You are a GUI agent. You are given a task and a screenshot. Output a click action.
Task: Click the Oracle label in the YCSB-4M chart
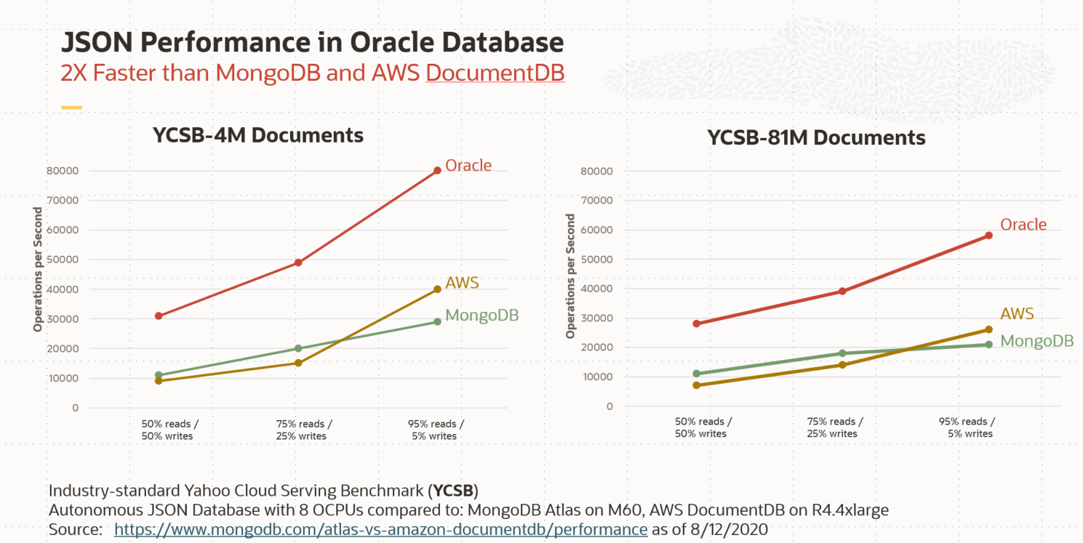click(468, 166)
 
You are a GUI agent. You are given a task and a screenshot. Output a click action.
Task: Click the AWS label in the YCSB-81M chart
click(1017, 314)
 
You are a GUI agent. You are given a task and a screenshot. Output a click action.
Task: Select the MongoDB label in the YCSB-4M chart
click(481, 315)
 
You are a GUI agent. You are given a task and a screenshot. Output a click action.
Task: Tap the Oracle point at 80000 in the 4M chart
click(437, 171)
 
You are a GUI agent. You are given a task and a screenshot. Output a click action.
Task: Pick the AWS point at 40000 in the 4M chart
click(437, 289)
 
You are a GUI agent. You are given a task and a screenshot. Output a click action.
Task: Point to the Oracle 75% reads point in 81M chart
click(842, 291)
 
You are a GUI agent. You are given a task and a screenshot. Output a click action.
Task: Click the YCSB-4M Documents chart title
click(257, 135)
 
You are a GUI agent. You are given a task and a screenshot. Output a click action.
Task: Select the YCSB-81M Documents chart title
click(816, 138)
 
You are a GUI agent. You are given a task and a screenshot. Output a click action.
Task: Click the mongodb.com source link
click(380, 529)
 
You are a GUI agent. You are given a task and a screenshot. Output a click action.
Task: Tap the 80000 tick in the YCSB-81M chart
click(598, 172)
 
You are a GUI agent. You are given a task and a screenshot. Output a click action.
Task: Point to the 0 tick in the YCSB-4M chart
click(75, 408)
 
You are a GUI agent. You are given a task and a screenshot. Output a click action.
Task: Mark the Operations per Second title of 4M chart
click(38, 270)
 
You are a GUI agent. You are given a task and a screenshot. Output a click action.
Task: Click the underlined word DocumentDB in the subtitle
click(495, 74)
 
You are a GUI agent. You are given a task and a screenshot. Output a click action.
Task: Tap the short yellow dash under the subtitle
click(71, 108)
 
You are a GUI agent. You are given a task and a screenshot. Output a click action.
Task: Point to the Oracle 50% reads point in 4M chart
click(158, 316)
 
